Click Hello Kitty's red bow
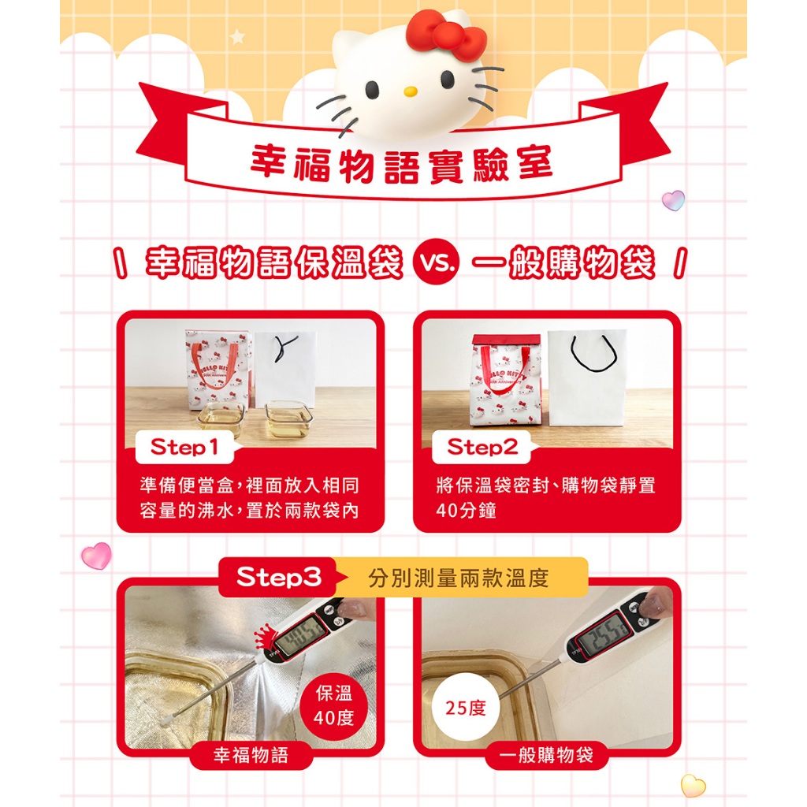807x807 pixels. (x=445, y=35)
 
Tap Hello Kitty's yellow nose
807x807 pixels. (x=410, y=91)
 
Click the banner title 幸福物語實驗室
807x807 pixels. (x=401, y=164)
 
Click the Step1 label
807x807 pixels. (x=184, y=447)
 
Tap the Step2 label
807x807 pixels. (x=482, y=447)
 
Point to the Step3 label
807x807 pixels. (x=279, y=577)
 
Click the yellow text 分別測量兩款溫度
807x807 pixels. (x=459, y=578)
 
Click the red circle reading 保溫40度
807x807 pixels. (x=334, y=705)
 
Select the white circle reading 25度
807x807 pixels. (x=466, y=708)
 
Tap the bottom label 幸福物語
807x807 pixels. (x=251, y=755)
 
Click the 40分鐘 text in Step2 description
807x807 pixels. (x=467, y=511)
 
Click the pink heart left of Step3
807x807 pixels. (x=96, y=556)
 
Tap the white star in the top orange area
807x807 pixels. (x=237, y=36)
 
